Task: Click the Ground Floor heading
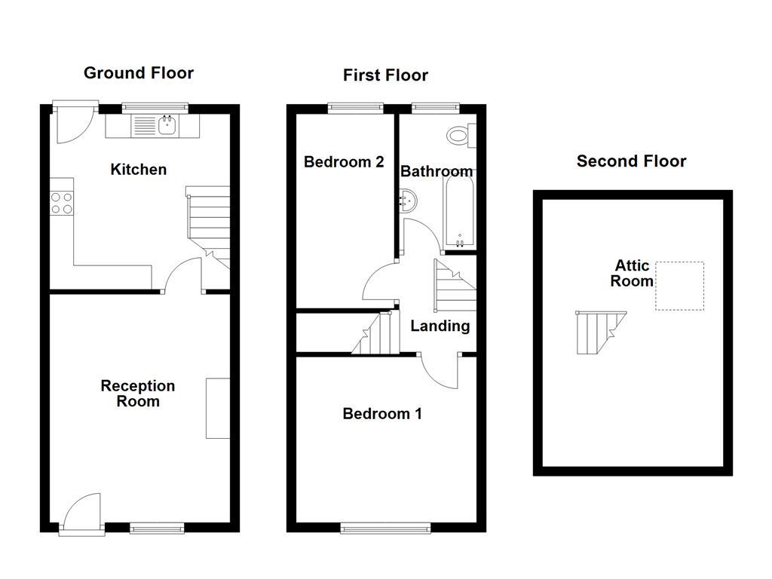click(x=138, y=73)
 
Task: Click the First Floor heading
click(x=385, y=75)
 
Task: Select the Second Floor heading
click(x=631, y=161)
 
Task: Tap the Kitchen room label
click(x=138, y=170)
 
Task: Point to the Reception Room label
click(x=138, y=394)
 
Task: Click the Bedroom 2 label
click(x=344, y=162)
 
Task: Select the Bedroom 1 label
click(x=382, y=414)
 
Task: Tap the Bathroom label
click(x=437, y=172)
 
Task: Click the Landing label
click(x=440, y=326)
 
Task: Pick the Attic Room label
click(x=632, y=274)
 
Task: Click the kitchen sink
click(x=167, y=126)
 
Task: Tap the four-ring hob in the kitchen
click(x=62, y=203)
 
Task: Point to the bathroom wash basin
click(x=408, y=201)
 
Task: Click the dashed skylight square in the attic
click(x=679, y=286)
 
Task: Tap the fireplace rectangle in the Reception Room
click(x=218, y=408)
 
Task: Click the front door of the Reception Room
click(x=81, y=514)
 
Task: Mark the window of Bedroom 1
click(x=385, y=528)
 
